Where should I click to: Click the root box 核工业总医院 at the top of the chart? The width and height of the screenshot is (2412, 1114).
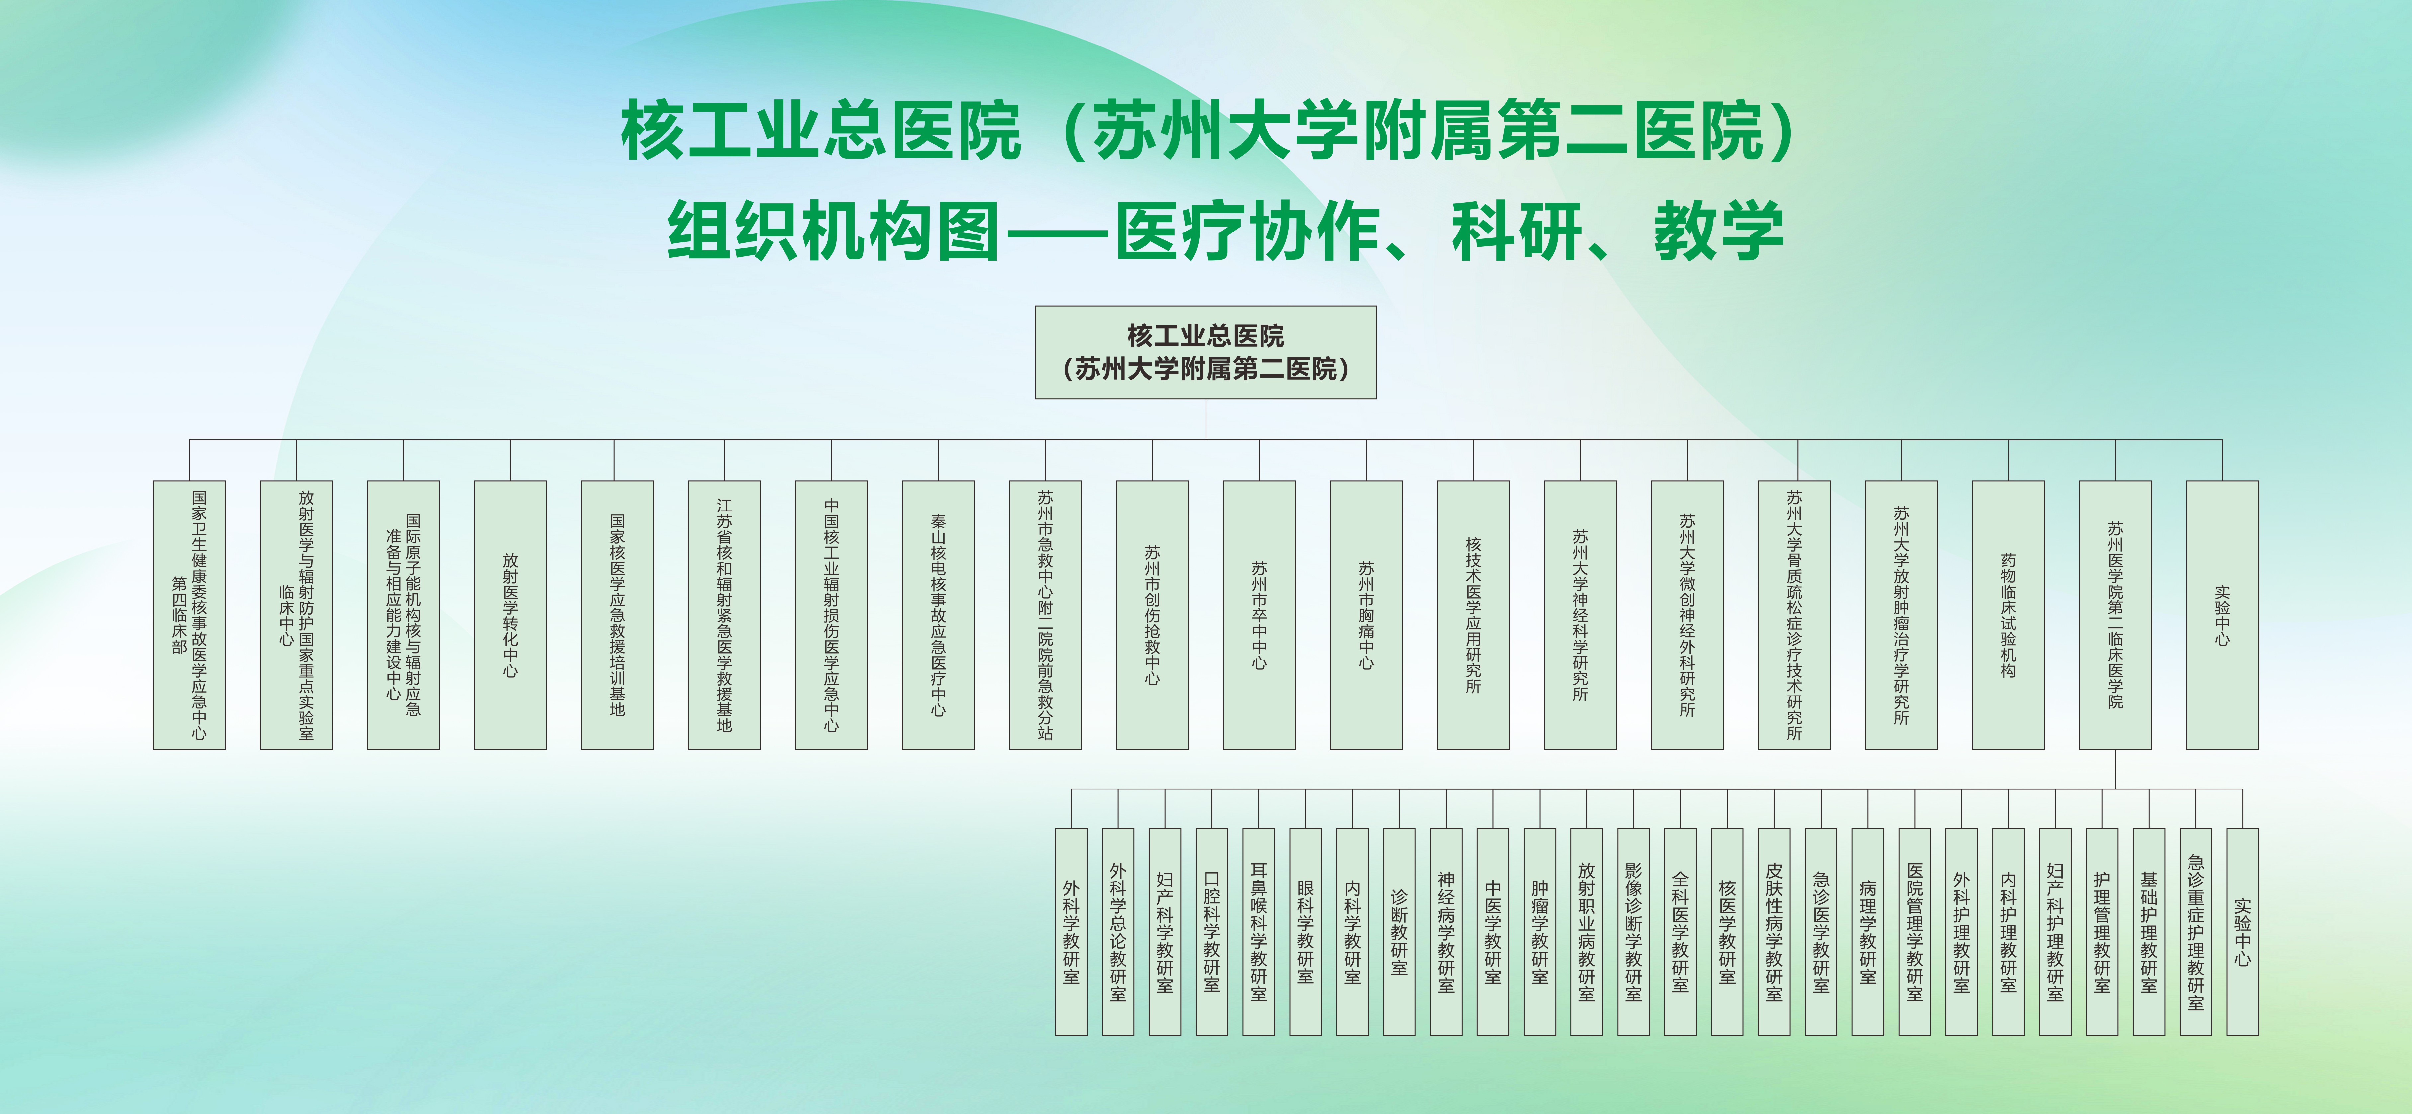[1205, 352]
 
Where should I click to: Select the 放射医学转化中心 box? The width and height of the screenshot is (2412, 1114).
[510, 615]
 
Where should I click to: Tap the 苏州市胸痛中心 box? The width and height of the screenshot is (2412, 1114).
[1366, 615]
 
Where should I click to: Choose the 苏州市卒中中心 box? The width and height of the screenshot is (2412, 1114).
[1259, 615]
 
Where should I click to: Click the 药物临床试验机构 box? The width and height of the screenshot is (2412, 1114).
[2009, 615]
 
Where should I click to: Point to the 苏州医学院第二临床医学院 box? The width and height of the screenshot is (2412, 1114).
[2115, 615]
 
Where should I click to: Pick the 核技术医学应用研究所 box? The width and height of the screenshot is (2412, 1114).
[1473, 615]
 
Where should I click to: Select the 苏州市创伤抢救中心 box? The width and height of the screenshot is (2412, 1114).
[1153, 615]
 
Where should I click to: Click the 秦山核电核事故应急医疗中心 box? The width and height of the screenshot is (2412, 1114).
[938, 615]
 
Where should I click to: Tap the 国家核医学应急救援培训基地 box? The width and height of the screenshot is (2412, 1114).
[617, 615]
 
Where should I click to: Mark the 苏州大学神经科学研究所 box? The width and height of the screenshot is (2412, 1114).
[1580, 615]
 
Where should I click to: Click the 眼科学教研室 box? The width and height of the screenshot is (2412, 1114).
[1305, 931]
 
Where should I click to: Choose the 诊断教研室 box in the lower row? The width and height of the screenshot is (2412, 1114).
[1399, 931]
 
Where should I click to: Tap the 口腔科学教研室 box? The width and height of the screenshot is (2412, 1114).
[1211, 931]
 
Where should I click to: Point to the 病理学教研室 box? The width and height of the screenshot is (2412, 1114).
[1868, 931]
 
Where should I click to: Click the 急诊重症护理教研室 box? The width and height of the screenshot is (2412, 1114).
[2196, 931]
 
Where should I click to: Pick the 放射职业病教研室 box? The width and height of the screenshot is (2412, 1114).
[1586, 931]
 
